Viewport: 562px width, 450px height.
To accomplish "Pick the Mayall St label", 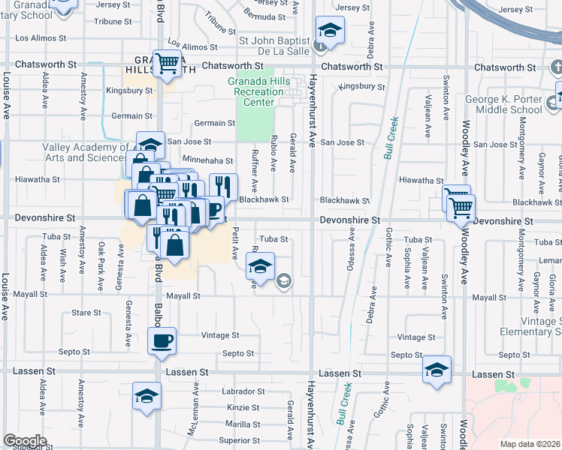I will [183, 295].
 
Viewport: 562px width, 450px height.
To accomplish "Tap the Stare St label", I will [86, 313].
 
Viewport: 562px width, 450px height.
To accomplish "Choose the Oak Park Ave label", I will [101, 259].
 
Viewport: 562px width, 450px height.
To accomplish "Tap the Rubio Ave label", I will [275, 157].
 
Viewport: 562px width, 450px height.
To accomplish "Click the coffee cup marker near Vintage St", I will [162, 341].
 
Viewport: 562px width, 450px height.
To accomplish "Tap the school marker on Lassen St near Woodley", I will [437, 370].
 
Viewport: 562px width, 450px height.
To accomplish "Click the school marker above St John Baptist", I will [328, 31].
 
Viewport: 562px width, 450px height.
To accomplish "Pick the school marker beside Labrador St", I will [147, 397].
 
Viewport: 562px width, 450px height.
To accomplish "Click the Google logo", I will [25, 442].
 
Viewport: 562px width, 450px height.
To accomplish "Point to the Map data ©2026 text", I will [530, 444].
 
